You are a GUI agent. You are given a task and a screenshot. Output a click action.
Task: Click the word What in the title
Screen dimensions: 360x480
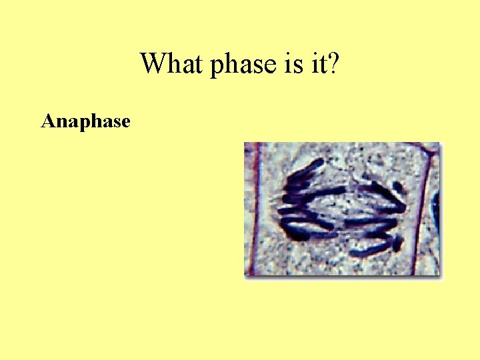pos(171,64)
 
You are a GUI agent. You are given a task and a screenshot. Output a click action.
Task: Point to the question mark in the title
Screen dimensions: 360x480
pos(334,64)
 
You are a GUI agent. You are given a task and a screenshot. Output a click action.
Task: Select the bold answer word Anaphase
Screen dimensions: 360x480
pos(85,122)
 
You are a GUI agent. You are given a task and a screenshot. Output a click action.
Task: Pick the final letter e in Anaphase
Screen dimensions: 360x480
pos(125,123)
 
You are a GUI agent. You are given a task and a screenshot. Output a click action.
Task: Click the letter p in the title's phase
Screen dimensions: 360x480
pos(217,67)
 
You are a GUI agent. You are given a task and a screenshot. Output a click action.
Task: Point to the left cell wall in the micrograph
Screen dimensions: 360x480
pos(252,207)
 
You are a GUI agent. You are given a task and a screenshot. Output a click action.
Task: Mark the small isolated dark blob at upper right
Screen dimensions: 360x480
pos(397,188)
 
